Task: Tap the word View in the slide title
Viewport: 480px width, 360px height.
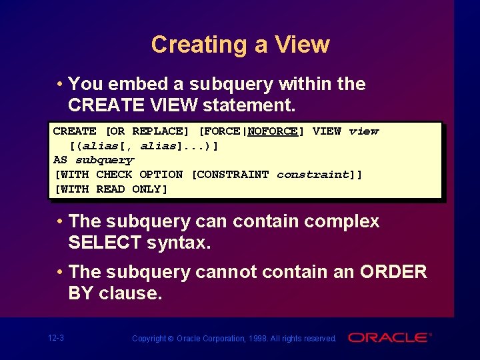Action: (x=303, y=45)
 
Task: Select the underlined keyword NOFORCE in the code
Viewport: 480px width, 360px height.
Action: (x=273, y=131)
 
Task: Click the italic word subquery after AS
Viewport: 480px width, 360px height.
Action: (x=105, y=160)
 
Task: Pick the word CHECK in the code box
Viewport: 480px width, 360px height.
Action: (x=114, y=175)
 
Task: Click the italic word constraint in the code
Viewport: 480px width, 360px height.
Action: (x=313, y=175)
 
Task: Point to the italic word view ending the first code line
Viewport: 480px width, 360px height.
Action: (x=363, y=131)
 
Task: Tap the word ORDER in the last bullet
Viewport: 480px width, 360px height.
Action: (x=393, y=272)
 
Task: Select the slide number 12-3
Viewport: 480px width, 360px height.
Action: (x=56, y=338)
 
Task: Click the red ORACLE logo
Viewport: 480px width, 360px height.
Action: (x=390, y=337)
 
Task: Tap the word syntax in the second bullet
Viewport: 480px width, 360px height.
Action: (x=176, y=243)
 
